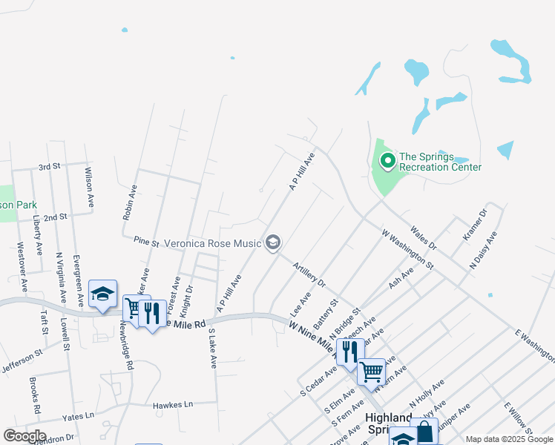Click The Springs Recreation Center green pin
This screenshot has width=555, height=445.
(x=387, y=160)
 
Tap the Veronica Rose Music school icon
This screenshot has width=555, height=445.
(x=273, y=243)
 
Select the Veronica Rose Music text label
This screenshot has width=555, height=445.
(x=212, y=243)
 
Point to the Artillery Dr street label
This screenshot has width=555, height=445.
(x=309, y=274)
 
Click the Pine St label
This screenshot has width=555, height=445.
(x=147, y=241)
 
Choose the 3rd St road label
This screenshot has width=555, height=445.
(x=49, y=167)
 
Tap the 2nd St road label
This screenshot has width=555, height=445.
(x=55, y=217)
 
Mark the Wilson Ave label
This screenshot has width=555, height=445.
(x=89, y=187)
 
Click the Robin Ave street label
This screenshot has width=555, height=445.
(x=129, y=202)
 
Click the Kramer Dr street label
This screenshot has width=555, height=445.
(x=474, y=224)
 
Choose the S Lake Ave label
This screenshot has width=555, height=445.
(x=212, y=349)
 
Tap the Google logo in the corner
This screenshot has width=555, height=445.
(x=24, y=436)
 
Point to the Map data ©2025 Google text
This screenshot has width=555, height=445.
(x=509, y=439)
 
